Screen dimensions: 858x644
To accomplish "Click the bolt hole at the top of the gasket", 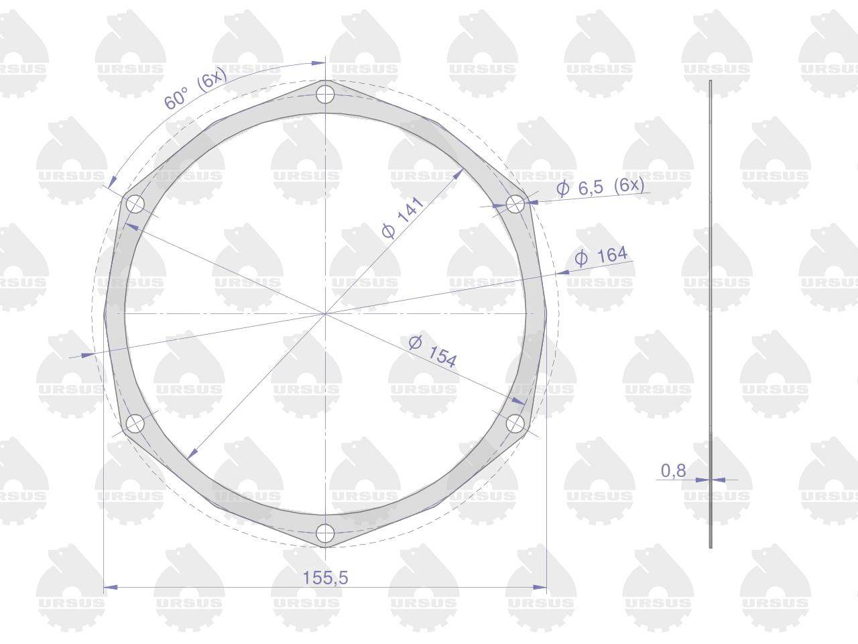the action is point(325,94).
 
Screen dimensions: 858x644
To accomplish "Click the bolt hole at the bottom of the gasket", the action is point(325,533).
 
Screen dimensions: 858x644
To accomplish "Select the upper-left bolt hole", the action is point(135,204).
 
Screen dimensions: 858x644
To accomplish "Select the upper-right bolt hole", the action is point(515,204).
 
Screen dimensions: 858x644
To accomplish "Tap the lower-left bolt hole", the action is point(135,423).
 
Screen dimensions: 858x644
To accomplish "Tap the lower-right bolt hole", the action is point(515,423).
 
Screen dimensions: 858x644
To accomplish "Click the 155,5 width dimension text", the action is point(325,578).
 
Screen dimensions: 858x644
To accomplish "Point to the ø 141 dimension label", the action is point(403,218).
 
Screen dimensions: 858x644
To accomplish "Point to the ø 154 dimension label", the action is point(432,352).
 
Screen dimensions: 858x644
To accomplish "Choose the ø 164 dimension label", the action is point(601,256).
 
